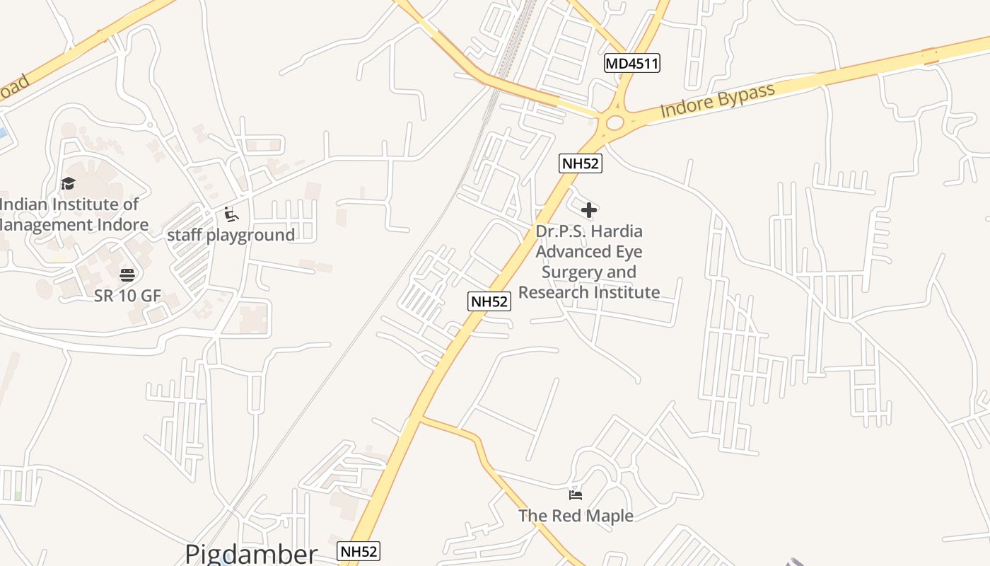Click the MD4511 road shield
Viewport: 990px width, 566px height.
click(x=632, y=64)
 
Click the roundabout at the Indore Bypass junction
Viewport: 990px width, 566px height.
click(x=615, y=122)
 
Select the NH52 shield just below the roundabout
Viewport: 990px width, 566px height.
click(x=581, y=163)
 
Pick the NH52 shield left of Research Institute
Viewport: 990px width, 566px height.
click(x=489, y=301)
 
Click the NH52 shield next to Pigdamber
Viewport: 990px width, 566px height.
click(x=359, y=551)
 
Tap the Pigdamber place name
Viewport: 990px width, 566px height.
click(x=251, y=553)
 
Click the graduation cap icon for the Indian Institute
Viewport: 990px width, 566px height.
click(x=68, y=184)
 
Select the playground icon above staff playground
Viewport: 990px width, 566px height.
click(x=231, y=214)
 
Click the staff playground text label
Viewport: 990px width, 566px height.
click(x=231, y=235)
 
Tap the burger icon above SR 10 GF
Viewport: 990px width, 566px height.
click(x=127, y=275)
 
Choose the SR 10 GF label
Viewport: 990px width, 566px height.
click(x=127, y=296)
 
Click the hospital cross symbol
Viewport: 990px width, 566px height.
click(x=589, y=210)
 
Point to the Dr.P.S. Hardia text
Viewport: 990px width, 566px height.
click(x=589, y=231)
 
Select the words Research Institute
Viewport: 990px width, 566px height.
click(x=589, y=292)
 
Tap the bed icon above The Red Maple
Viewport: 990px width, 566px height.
click(x=576, y=495)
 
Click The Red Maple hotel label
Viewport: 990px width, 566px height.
click(x=576, y=516)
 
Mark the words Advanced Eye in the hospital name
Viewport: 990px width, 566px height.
click(x=588, y=252)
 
